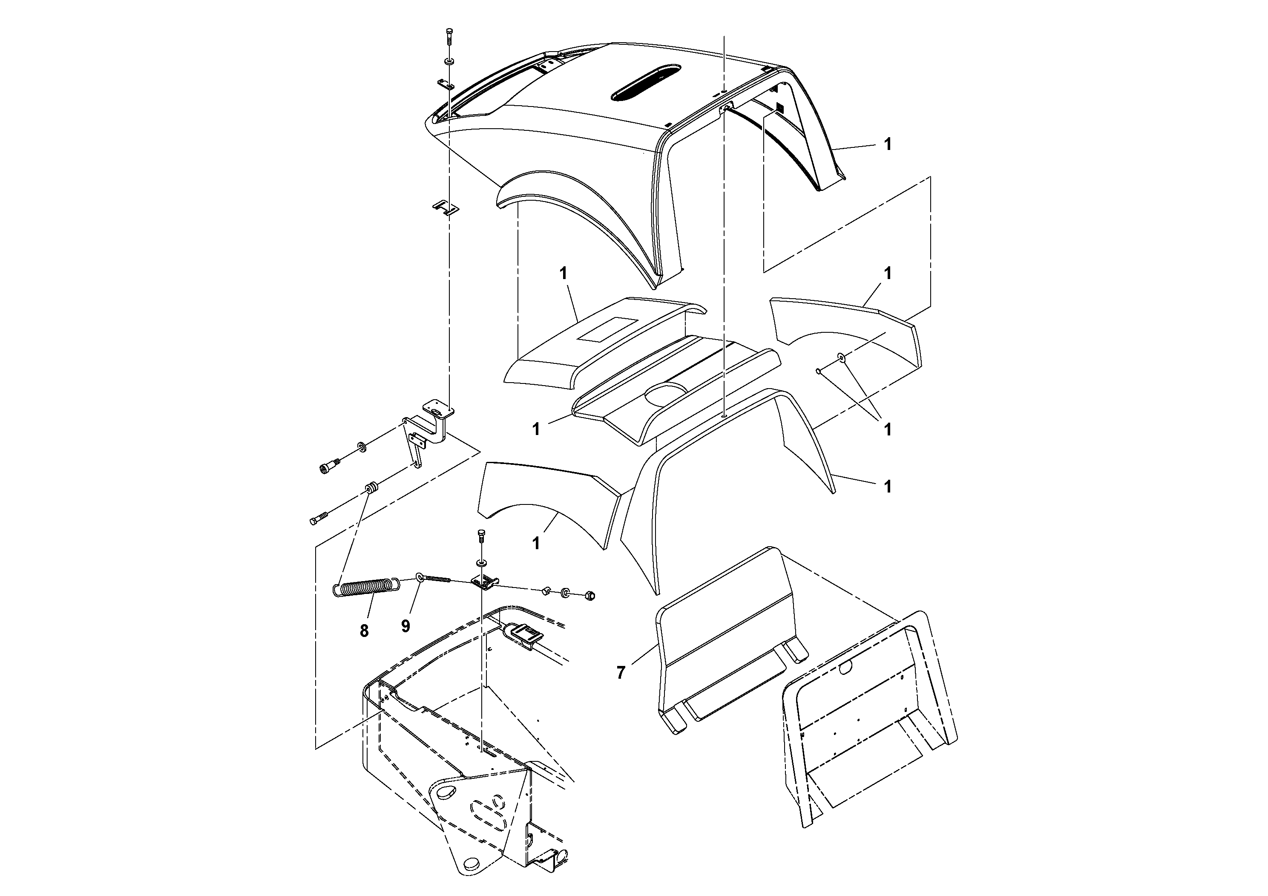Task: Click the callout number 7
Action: click(621, 673)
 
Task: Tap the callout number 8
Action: click(364, 630)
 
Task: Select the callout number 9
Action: click(406, 626)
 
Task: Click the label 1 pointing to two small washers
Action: click(888, 429)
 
